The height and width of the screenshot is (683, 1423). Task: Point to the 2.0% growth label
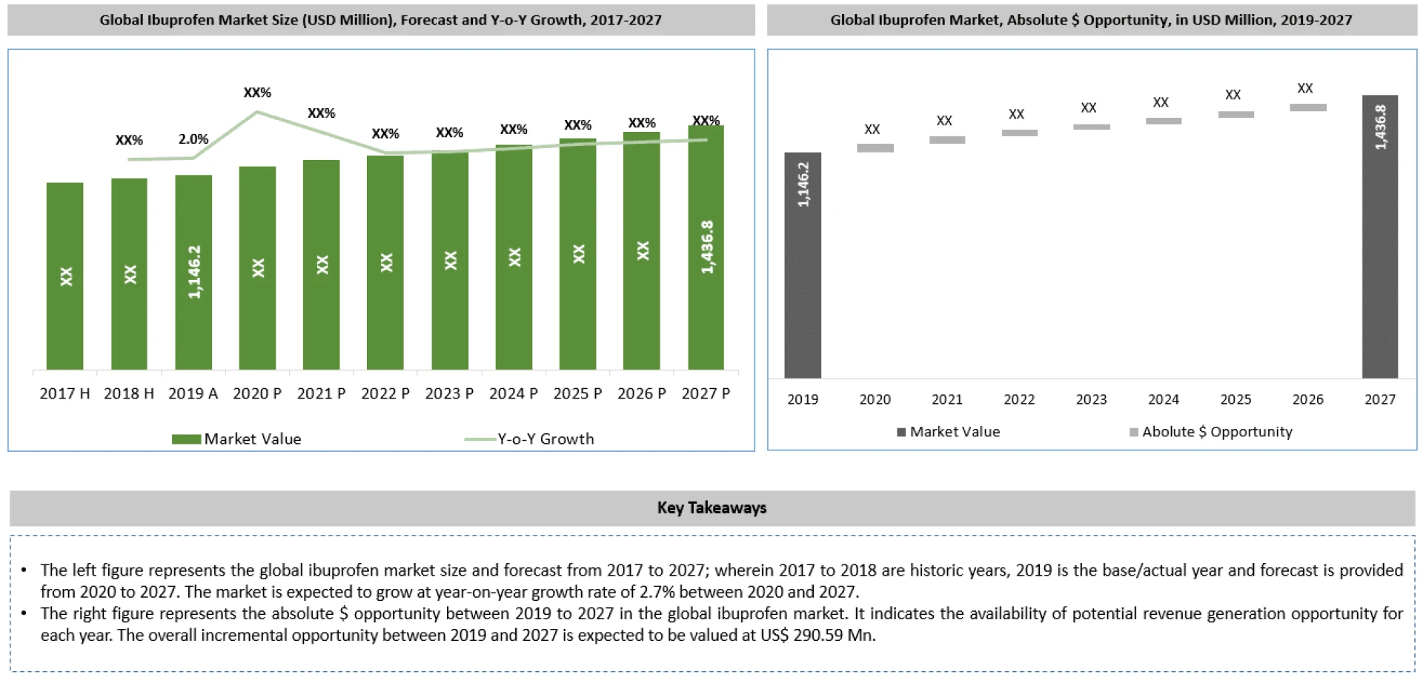(x=193, y=139)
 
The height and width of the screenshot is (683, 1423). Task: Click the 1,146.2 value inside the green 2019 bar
(x=194, y=272)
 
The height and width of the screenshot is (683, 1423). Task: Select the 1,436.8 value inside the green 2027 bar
(x=707, y=247)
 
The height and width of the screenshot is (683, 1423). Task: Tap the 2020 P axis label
(x=257, y=393)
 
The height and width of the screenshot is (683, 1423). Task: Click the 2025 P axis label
(x=577, y=393)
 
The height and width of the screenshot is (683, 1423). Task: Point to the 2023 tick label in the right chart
(x=1091, y=399)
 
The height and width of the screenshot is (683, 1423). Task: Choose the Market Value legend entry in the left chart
(x=237, y=439)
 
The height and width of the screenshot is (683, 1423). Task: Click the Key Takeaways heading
(x=711, y=507)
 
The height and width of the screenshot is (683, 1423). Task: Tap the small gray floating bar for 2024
(x=1163, y=121)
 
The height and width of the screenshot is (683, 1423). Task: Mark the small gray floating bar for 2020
(x=875, y=148)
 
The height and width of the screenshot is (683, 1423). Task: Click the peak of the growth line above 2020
(x=257, y=112)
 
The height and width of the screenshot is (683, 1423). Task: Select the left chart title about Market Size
(x=380, y=20)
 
